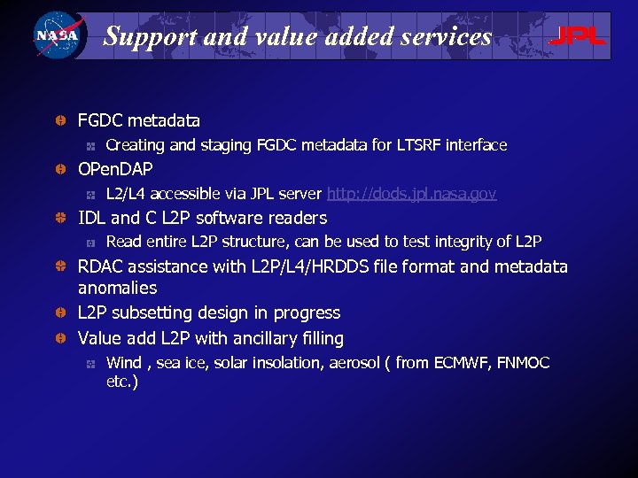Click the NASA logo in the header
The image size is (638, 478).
[x=57, y=35]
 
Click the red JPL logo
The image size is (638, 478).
[x=577, y=36]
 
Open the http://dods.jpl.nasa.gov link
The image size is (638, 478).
[x=412, y=194]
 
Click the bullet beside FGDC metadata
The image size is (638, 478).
[x=58, y=120]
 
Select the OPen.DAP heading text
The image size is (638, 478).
[x=115, y=169]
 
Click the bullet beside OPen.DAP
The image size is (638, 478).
[x=58, y=169]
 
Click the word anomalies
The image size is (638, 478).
[x=117, y=288]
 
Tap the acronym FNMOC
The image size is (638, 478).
[x=524, y=363]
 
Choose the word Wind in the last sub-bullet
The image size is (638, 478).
[x=123, y=363]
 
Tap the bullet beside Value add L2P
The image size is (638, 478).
[x=58, y=338]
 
